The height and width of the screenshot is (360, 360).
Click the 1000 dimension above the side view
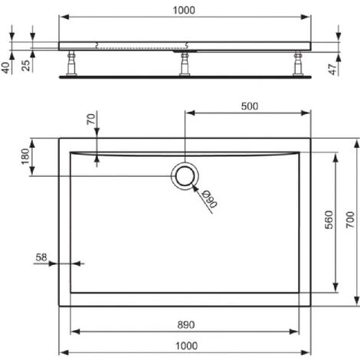coord(185,10)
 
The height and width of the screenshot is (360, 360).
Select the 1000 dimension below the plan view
coord(185,347)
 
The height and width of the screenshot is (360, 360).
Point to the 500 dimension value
coord(249,106)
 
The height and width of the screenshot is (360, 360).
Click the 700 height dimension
coord(352,222)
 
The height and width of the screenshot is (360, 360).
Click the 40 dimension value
coord(7,67)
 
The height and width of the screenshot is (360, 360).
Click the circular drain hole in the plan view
coord(185,176)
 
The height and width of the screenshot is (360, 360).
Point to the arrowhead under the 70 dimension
coord(97,157)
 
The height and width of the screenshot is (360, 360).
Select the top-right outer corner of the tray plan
coord(310,139)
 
